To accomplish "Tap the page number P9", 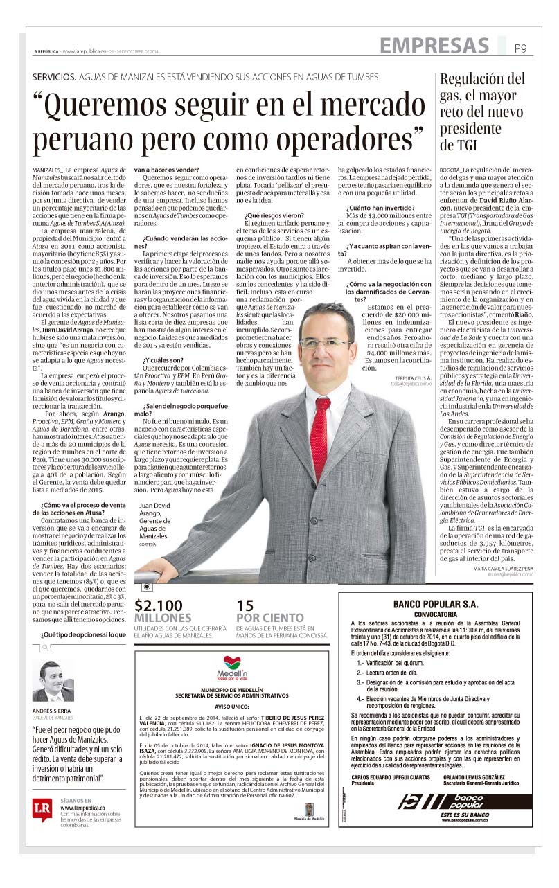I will point(520,48).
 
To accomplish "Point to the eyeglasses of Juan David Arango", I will point(325,342).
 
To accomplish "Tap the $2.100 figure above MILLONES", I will point(159,604).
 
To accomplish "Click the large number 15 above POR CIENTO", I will point(245,604).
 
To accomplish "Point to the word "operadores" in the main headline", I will point(332,139).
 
